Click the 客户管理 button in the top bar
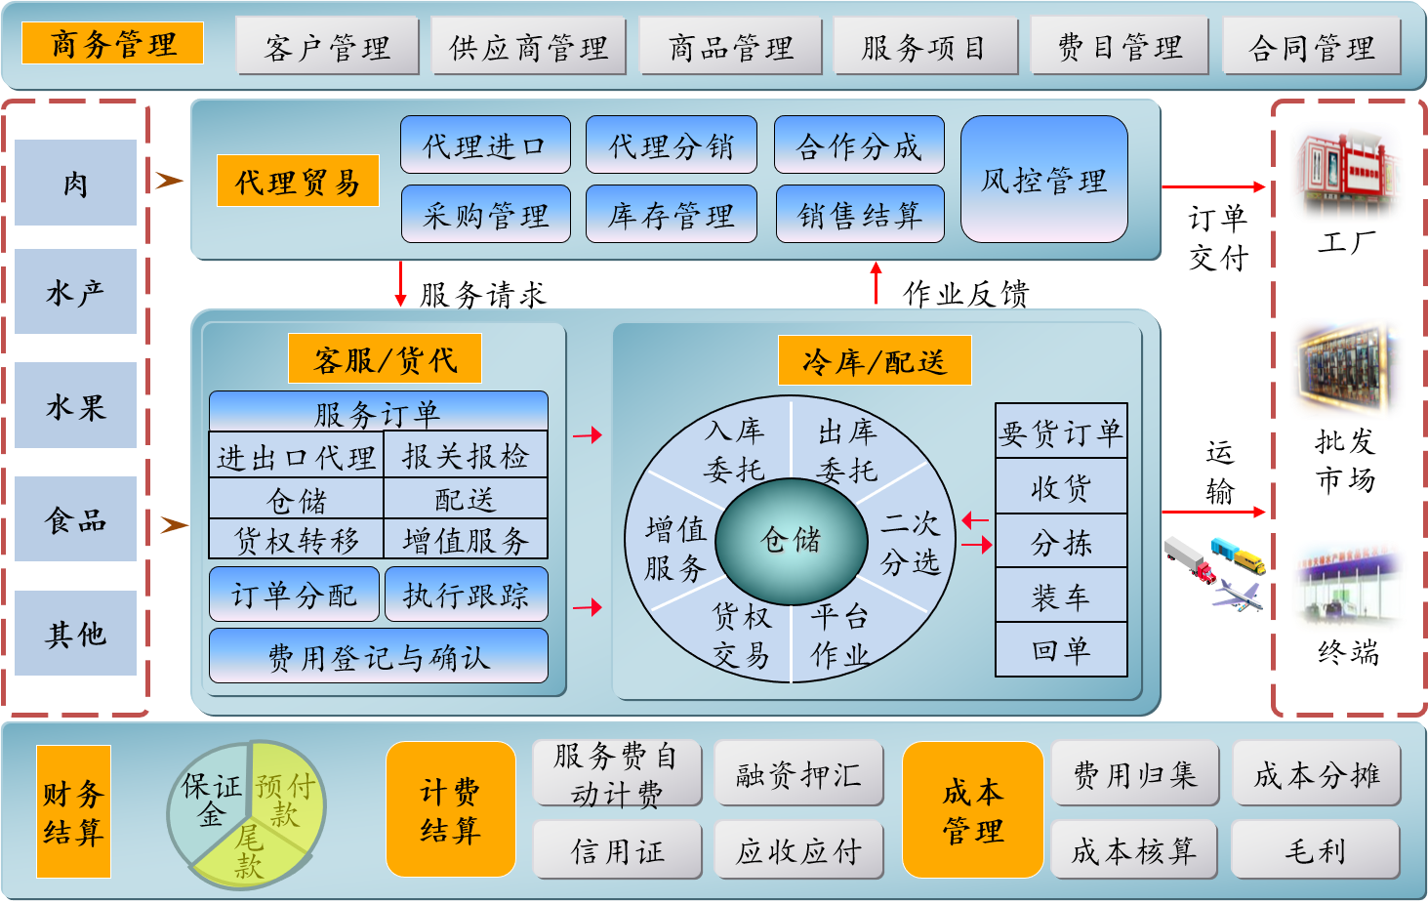(x=327, y=47)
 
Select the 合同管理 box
(x=1311, y=47)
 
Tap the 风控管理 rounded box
(x=1043, y=180)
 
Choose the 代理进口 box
(x=484, y=145)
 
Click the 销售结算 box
(x=859, y=214)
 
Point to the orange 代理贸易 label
(x=298, y=181)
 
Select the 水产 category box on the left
(x=75, y=292)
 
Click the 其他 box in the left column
(x=75, y=634)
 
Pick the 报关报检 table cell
(x=465, y=456)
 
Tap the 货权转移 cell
(x=297, y=539)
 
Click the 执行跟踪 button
(x=466, y=595)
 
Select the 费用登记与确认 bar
(x=379, y=656)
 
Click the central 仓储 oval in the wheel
(x=791, y=539)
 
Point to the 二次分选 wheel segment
(x=910, y=543)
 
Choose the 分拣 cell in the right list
(x=1061, y=542)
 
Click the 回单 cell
(x=1061, y=649)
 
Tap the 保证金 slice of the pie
(x=211, y=799)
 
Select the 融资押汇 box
(x=798, y=774)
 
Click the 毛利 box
(x=1315, y=850)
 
